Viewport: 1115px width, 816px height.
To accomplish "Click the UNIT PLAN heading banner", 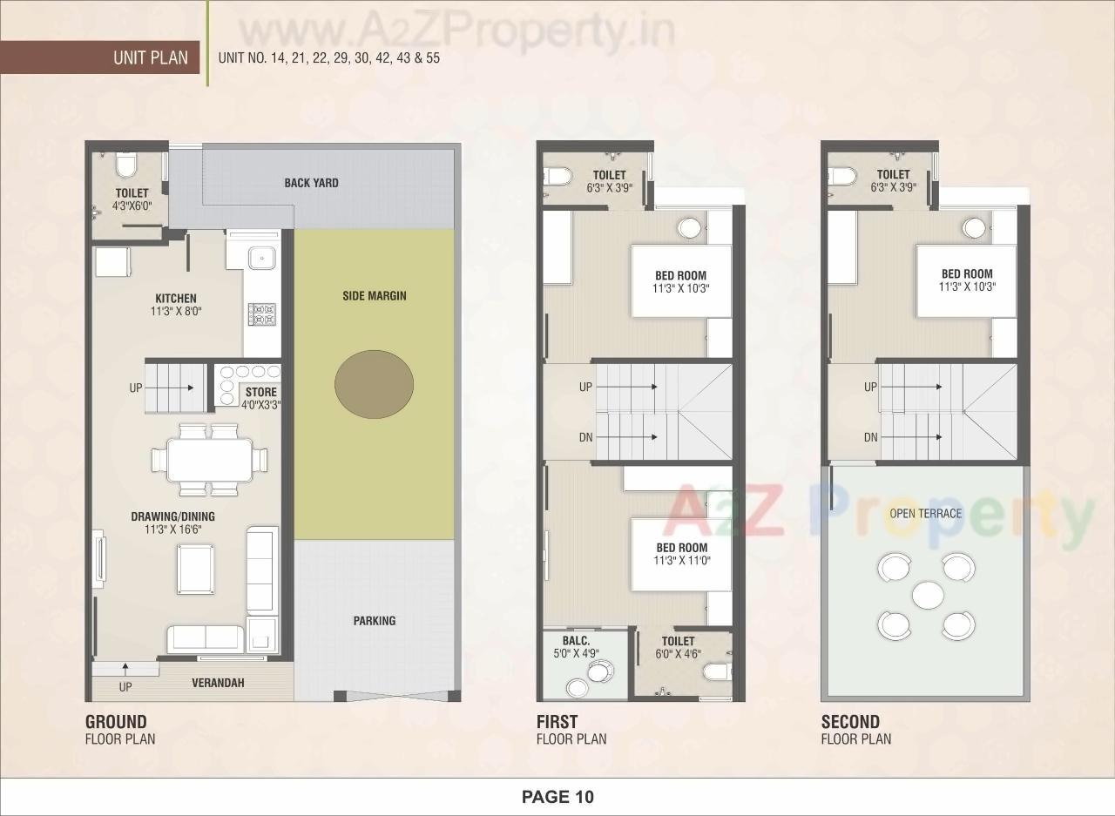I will pos(150,58).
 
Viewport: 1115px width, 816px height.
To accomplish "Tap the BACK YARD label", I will pos(311,183).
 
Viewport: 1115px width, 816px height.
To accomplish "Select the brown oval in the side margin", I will pos(374,383).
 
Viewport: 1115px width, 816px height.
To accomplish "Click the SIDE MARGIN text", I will pos(374,295).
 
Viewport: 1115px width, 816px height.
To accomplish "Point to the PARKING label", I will pos(375,621).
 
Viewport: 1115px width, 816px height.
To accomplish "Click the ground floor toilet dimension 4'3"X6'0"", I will pos(131,207).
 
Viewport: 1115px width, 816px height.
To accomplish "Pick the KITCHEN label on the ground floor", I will pos(176,299).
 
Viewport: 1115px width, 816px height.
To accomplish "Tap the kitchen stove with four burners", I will pos(261,314).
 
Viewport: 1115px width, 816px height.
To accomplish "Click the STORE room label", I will pos(260,393).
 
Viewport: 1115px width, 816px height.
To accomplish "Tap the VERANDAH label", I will pos(218,683).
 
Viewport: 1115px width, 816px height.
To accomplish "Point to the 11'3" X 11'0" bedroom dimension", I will pos(682,561).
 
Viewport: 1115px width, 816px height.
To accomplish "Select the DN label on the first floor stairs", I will pos(585,437).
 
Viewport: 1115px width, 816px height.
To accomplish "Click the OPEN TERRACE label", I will pos(925,513).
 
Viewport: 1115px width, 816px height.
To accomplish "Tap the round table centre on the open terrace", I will pos(927,596).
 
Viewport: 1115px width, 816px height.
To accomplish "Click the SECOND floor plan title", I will pos(850,722).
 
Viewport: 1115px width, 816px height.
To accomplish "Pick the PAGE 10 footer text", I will pos(557,797).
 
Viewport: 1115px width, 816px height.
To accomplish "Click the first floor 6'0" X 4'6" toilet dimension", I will pos(679,654).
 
